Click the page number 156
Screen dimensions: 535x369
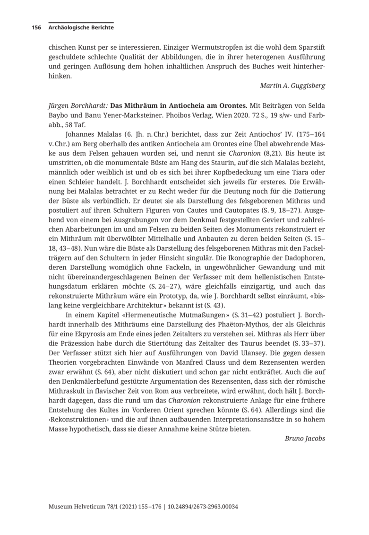tap(36, 27)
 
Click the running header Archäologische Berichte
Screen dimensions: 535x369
tap(81, 27)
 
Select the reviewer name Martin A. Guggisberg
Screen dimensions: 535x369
tap(292, 86)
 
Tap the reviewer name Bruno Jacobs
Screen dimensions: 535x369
tap(305, 438)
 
